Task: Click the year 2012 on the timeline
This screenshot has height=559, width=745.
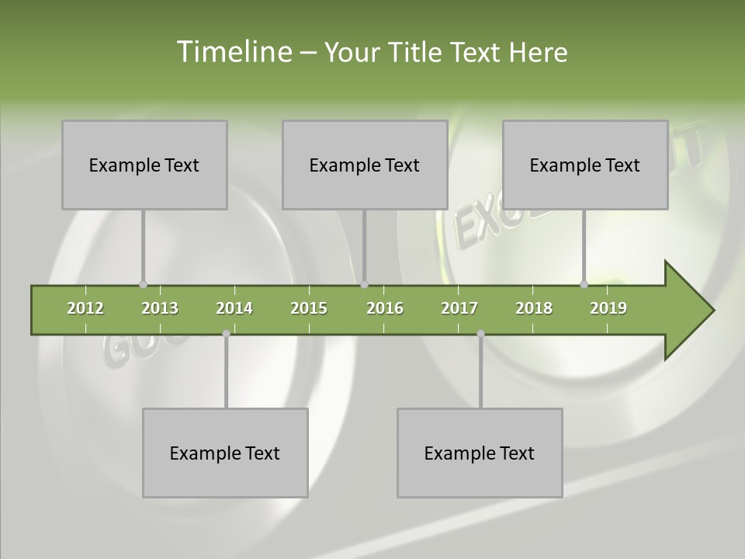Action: coord(85,308)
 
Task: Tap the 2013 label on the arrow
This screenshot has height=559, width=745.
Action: coord(160,308)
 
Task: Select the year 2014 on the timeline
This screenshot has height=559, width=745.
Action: coord(234,308)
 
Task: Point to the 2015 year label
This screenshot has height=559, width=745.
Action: coord(309,308)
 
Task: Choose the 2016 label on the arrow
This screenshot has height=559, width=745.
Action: coord(385,308)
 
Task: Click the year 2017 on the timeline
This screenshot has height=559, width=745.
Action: coord(459,308)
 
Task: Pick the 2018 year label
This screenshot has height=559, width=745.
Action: coord(534,308)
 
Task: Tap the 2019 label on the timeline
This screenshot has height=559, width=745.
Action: coord(608,308)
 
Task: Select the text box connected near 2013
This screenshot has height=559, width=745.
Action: coord(144,165)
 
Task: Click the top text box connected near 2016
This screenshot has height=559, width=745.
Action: coord(365,165)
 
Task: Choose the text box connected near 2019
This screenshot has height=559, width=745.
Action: coord(585,165)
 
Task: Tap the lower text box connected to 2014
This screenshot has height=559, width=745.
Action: coord(225,453)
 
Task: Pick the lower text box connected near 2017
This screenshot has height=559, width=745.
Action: coord(480,453)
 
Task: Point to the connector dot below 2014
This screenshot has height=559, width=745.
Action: coord(226,333)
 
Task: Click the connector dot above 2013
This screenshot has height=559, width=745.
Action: coord(143,284)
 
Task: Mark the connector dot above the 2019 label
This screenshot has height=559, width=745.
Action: coord(584,284)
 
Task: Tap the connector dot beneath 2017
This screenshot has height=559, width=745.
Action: coord(480,333)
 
